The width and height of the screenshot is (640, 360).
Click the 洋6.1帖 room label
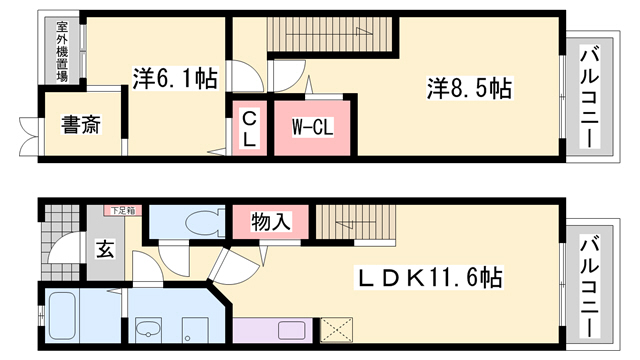[x=176, y=77]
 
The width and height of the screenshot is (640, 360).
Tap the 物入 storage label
[x=271, y=221]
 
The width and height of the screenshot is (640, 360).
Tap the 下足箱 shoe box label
[x=123, y=210]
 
